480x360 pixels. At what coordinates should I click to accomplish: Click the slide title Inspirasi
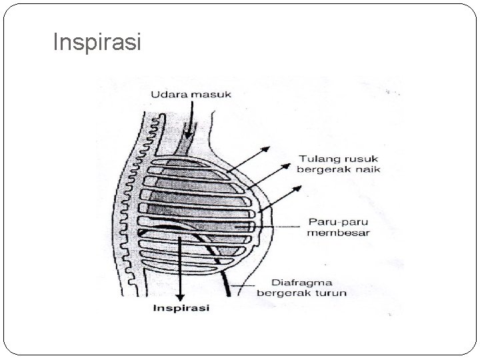point(97,43)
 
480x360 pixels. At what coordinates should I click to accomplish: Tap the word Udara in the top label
point(167,95)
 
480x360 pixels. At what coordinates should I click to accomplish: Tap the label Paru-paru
point(331,222)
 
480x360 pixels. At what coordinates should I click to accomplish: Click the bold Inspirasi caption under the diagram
point(181,308)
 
